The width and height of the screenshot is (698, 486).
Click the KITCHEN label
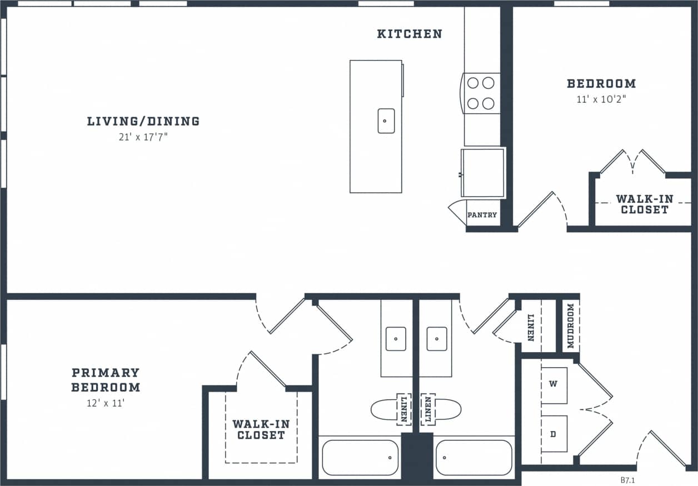[x=410, y=34]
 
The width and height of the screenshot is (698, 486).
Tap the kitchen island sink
[x=386, y=121]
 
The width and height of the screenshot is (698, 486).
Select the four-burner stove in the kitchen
[x=481, y=93]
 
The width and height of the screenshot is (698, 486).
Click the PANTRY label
[x=482, y=215]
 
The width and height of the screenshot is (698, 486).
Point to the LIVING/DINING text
[x=143, y=121]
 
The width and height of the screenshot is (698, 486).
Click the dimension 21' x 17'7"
[x=143, y=137]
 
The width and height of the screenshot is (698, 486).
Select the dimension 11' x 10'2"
[x=601, y=99]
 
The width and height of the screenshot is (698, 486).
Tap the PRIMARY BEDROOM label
[x=106, y=380]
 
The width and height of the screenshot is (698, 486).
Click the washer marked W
[x=554, y=384]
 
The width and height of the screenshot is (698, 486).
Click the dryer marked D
[x=554, y=434]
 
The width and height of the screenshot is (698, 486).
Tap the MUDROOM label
[x=571, y=325]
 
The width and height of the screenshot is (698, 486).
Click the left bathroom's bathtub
[x=360, y=458]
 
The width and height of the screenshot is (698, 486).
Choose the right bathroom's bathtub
[x=474, y=458]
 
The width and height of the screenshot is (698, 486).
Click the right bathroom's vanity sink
[x=437, y=338]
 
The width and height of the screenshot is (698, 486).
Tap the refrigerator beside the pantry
[x=482, y=173]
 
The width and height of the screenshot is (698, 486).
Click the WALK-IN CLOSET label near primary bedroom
[x=261, y=429]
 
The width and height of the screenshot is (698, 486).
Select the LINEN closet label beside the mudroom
[x=531, y=327]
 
